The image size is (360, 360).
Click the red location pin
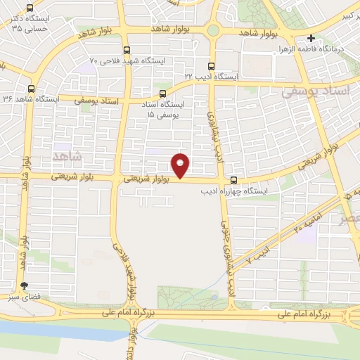pos(181,166)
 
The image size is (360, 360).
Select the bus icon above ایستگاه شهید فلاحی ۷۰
pos(127,51)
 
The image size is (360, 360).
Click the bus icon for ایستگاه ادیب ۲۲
pos(210,66)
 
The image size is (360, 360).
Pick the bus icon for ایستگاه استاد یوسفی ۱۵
pos(163,93)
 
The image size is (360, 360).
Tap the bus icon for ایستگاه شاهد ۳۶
pos(30,89)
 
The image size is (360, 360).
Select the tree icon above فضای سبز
pos(25,286)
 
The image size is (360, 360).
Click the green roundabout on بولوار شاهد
pos(213,30)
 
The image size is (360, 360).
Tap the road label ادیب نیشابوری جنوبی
pos(227,260)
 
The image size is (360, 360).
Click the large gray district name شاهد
pos(67,154)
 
